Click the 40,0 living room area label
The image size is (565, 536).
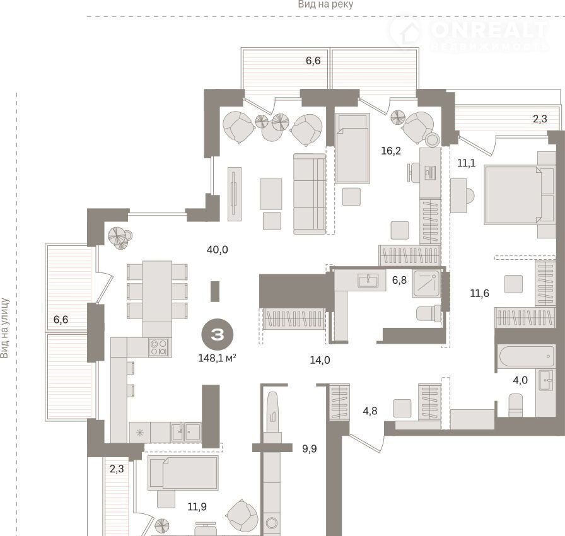218,249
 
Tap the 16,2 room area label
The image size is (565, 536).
391,151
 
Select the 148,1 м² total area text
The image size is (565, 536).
218,358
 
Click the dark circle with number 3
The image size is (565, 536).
218,335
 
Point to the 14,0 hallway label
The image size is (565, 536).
320,360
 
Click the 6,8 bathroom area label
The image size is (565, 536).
399,280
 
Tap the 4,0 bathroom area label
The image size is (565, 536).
520,380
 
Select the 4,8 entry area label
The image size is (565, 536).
370,411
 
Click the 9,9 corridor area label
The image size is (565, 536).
310,449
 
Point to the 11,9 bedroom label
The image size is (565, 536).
197,507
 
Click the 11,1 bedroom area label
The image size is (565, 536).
466,163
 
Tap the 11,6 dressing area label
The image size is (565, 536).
480,293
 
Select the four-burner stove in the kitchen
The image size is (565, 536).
158,347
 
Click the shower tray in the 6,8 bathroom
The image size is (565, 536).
426,284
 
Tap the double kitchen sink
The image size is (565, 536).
186,432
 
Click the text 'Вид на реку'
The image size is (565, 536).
325,4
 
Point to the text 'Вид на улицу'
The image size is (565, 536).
4,328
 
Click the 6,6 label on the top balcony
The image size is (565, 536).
313,61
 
